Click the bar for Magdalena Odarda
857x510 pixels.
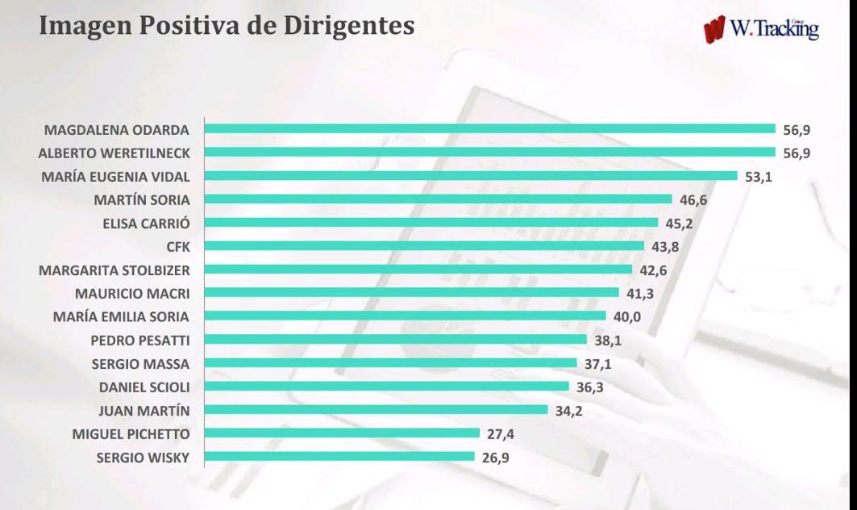point(489,128)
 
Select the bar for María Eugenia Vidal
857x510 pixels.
point(471,176)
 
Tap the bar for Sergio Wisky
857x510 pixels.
point(339,457)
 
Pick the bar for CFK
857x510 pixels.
point(424,245)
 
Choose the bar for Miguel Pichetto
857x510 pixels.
point(342,433)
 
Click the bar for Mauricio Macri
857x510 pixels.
point(411,293)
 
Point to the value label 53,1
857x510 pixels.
point(759,177)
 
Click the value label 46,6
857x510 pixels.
point(693,200)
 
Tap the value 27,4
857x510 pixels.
point(501,434)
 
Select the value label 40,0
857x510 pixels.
point(627,317)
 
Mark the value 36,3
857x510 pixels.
point(589,387)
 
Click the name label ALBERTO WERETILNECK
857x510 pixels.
point(114,153)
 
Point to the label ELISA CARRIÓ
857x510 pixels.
point(147,224)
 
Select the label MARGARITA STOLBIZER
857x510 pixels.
point(114,270)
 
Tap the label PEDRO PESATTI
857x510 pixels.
point(140,341)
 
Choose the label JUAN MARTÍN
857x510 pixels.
point(144,411)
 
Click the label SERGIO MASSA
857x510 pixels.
point(140,364)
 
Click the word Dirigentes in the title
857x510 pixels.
point(349,26)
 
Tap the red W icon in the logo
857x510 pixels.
point(714,30)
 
